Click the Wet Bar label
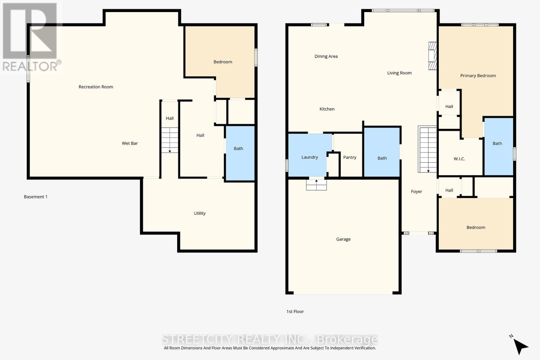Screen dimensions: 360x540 pyautogui.click(x=130, y=143)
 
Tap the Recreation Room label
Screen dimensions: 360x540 pyautogui.click(x=96, y=87)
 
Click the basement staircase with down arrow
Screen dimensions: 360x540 pyautogui.click(x=169, y=140)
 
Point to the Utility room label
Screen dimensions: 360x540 pyautogui.click(x=199, y=213)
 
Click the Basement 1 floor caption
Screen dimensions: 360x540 pyautogui.click(x=35, y=197)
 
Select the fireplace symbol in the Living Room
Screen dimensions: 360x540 pyautogui.click(x=432, y=56)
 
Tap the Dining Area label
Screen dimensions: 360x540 pyautogui.click(x=326, y=56)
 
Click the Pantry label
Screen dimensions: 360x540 pyautogui.click(x=350, y=157)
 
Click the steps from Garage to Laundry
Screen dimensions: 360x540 pyautogui.click(x=316, y=185)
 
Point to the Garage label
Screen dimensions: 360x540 pyautogui.click(x=343, y=239)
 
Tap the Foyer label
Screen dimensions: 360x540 pyautogui.click(x=416, y=192)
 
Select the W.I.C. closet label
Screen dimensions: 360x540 pyautogui.click(x=459, y=159)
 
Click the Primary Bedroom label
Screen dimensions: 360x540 pyautogui.click(x=478, y=76)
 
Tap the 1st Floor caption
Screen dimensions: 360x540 pyautogui.click(x=295, y=312)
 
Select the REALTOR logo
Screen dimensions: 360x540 pyautogui.click(x=30, y=37)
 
